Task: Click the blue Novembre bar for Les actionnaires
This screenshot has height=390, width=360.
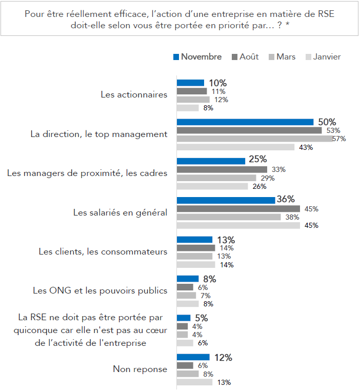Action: click(x=190, y=83)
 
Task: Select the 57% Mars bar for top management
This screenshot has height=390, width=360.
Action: click(x=254, y=139)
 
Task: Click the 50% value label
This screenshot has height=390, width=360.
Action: click(x=328, y=122)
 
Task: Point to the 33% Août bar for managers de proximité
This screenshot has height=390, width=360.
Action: click(x=222, y=169)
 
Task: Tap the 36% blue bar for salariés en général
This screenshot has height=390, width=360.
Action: click(x=226, y=200)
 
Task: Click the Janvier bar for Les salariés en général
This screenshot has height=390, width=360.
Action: click(x=238, y=225)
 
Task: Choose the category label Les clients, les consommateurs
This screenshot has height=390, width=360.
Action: click(x=103, y=251)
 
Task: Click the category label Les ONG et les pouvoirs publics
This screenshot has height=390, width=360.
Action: click(x=100, y=290)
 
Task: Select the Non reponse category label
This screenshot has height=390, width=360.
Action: click(x=140, y=369)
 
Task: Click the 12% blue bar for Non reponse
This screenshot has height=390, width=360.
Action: click(x=193, y=357)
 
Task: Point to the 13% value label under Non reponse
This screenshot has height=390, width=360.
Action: click(x=224, y=382)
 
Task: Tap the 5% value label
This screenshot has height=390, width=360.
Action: click(x=201, y=318)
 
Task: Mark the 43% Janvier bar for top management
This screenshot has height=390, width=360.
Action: click(x=235, y=147)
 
